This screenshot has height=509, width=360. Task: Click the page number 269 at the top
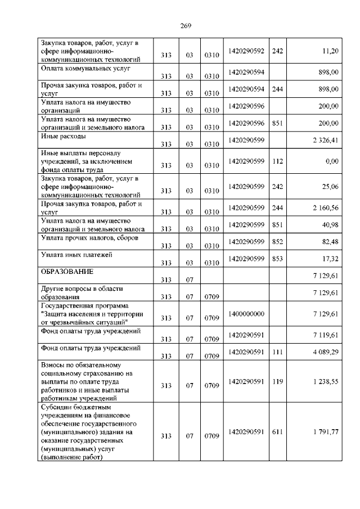[186, 25]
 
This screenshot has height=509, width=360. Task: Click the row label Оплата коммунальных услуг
[86, 68]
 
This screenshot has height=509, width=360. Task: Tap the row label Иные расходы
[64, 136]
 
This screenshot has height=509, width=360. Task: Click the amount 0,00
[332, 161]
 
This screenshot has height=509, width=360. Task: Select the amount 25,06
[330, 186]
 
